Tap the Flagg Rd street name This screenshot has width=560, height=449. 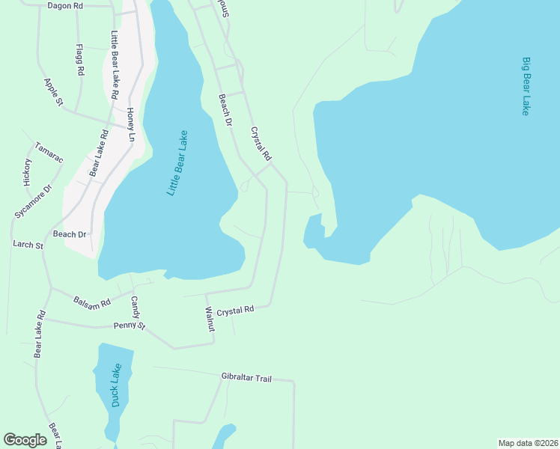79,59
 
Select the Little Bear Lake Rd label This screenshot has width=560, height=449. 115,65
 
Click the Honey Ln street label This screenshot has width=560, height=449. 130,125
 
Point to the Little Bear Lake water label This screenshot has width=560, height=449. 177,164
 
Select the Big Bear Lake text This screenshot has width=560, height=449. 526,86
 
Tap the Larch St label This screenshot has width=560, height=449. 28,245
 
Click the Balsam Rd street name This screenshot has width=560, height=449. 92,302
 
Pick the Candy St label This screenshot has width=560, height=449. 136,308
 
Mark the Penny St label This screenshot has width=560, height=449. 129,326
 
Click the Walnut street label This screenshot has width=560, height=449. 210,319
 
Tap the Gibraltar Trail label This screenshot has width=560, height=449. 246,378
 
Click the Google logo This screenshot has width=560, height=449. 25,440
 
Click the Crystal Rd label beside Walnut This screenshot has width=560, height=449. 237,309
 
